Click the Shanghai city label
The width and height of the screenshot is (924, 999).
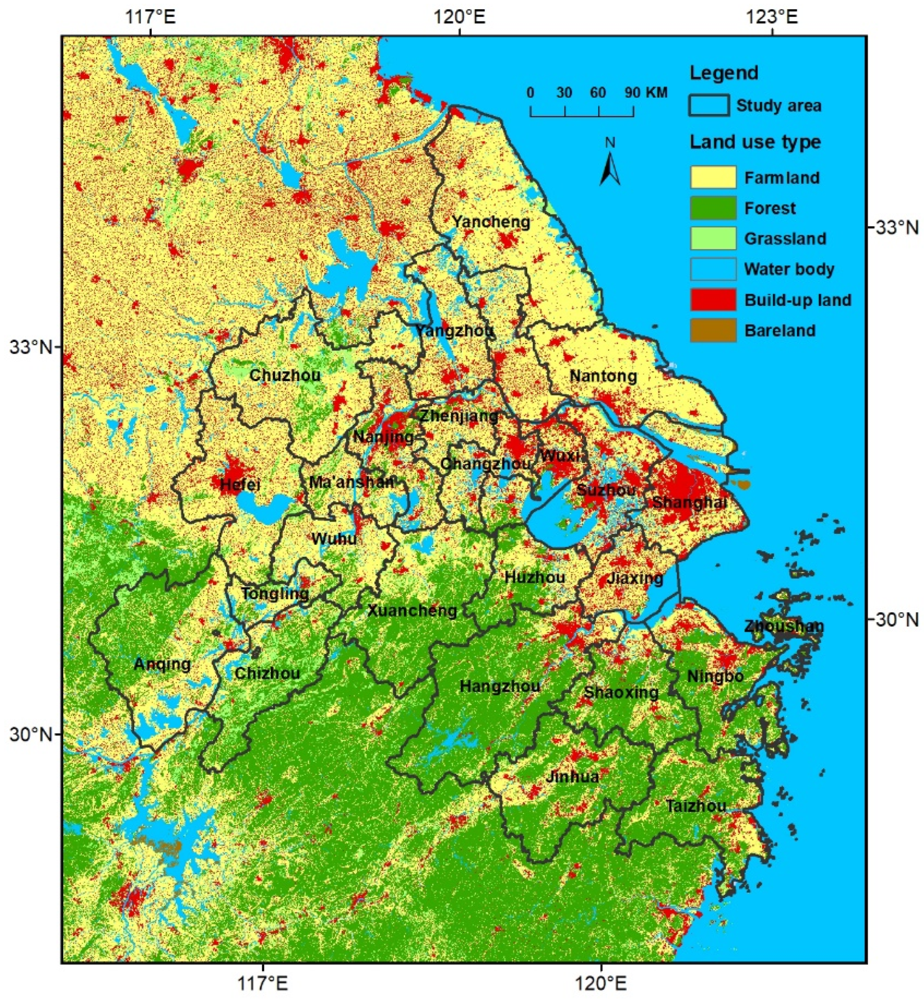pos(689,503)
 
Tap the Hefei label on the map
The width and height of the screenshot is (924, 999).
pos(240,484)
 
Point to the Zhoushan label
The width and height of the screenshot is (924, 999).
pos(783,626)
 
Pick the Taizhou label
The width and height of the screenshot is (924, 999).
pos(695,806)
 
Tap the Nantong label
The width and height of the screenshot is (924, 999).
pos(603,376)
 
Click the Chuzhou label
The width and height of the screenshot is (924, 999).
pos(285,376)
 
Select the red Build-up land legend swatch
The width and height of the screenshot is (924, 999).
pos(712,300)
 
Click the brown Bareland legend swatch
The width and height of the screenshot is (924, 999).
pos(712,330)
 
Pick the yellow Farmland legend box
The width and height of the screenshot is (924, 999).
pos(712,177)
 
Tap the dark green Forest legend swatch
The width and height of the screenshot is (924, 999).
pos(712,208)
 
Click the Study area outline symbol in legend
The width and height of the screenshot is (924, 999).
pos(709,106)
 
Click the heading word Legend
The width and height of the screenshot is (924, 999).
pos(723,73)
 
